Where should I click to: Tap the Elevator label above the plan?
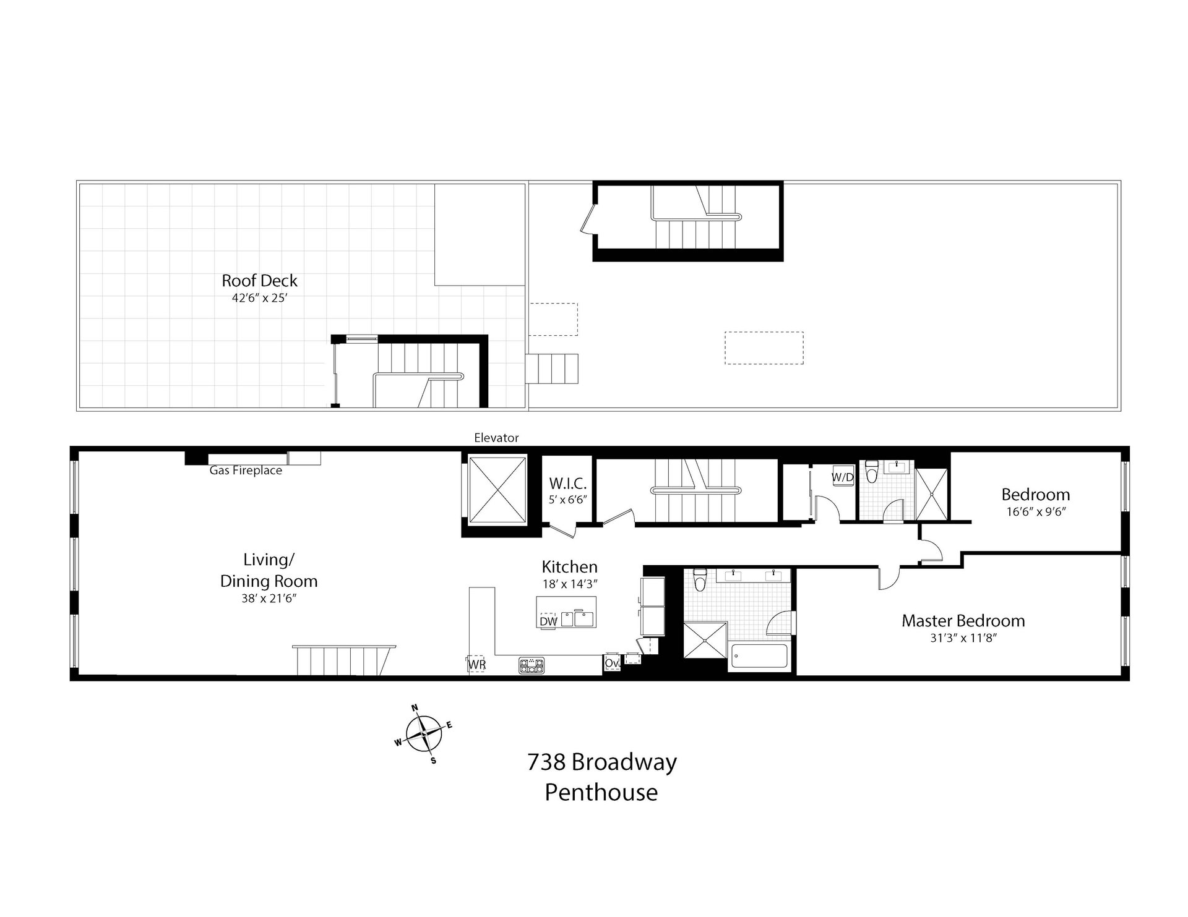(x=496, y=438)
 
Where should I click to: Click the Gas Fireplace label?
(x=246, y=471)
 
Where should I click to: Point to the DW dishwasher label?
(x=548, y=621)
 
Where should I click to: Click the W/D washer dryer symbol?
(x=841, y=477)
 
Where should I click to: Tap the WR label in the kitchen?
(x=476, y=665)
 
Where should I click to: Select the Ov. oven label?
(x=612, y=663)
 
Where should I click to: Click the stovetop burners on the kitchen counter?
(x=532, y=665)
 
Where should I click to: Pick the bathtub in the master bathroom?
(x=759, y=656)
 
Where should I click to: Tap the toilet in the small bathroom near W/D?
(x=872, y=471)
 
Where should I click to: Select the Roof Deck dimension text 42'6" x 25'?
(x=260, y=297)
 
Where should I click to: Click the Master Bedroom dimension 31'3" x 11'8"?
(x=963, y=638)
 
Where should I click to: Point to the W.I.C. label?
(x=567, y=484)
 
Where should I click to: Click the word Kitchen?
(x=570, y=566)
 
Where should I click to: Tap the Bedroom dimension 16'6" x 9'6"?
(x=1036, y=511)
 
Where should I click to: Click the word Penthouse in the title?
(x=601, y=792)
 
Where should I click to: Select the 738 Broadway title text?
(x=602, y=762)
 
